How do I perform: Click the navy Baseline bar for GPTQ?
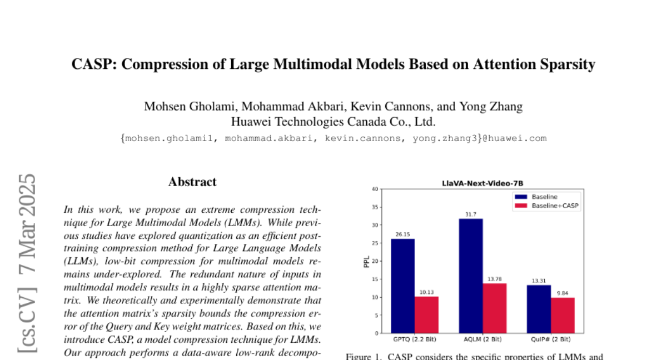402,286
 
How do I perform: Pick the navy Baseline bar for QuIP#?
539,309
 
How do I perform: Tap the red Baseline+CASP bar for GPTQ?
426,315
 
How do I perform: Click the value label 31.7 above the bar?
470,214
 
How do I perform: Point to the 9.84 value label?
563,293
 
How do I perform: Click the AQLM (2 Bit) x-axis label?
482,339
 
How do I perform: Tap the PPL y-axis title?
366,261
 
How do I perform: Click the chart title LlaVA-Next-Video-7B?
482,183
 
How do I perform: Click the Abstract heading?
192,182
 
